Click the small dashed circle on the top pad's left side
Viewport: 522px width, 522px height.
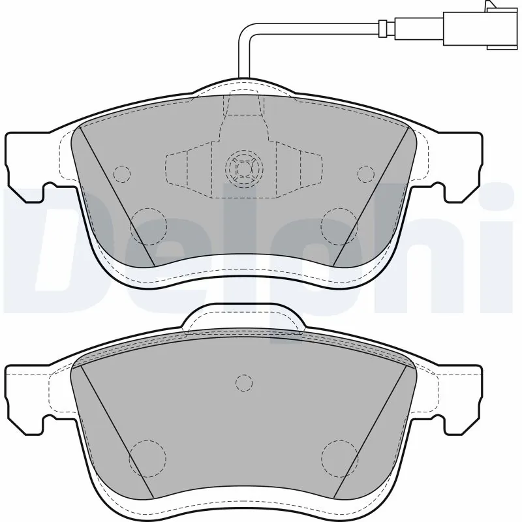coord(121,174)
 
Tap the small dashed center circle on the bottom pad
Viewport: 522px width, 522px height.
coord(243,382)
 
